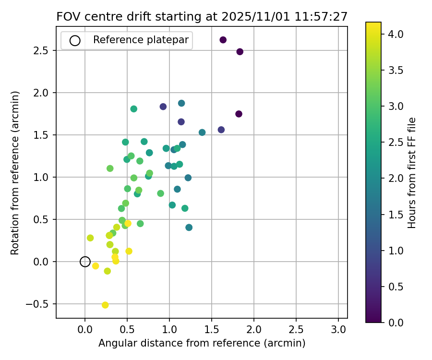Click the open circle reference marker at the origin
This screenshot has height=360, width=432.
tap(85, 262)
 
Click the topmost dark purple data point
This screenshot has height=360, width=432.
tap(223, 40)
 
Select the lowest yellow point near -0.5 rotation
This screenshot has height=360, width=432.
tap(105, 305)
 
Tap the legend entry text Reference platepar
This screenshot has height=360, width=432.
tap(141, 40)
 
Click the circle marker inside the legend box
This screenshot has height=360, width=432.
tap(75, 40)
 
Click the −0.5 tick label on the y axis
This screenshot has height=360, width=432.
tap(38, 304)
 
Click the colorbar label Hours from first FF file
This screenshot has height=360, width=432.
tap(412, 172)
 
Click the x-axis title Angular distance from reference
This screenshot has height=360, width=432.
tap(202, 343)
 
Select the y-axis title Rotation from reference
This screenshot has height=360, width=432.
tap(15, 172)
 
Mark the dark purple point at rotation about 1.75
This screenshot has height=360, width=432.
tap(239, 114)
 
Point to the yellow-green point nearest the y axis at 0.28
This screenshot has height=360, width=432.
tap(90, 238)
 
